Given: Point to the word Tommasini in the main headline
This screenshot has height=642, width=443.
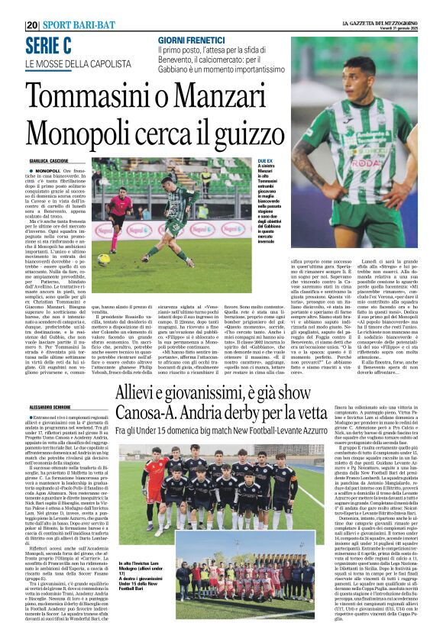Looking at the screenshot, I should [90, 98].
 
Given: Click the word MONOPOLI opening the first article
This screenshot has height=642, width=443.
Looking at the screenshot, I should [47, 171].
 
